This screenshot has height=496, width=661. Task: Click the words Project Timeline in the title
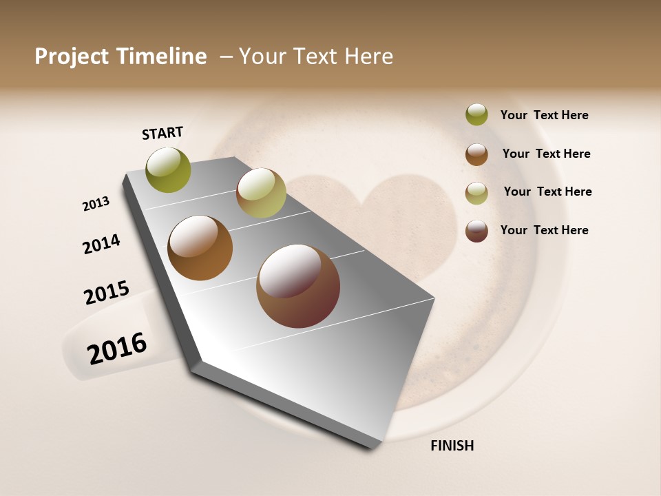[120, 56]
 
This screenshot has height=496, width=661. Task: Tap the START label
[162, 133]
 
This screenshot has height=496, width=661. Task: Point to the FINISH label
[452, 446]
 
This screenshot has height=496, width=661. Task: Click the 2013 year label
[96, 204]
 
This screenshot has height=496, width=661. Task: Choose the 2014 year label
[101, 244]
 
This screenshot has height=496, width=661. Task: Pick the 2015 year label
[107, 293]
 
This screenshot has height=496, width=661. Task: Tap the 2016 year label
[117, 349]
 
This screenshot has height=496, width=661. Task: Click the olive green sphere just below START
[169, 170]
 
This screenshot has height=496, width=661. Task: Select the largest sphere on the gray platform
[298, 286]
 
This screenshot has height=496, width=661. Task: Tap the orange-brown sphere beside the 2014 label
[200, 248]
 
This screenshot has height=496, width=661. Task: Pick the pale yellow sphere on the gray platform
[261, 193]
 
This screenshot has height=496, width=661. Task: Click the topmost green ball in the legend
[476, 114]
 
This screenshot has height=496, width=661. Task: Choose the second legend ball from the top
[476, 154]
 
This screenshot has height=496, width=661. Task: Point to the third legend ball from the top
[476, 193]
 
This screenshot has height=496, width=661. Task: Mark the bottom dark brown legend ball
[476, 231]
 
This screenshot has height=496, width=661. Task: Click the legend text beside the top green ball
[544, 115]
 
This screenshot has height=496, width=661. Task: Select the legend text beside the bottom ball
[544, 230]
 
